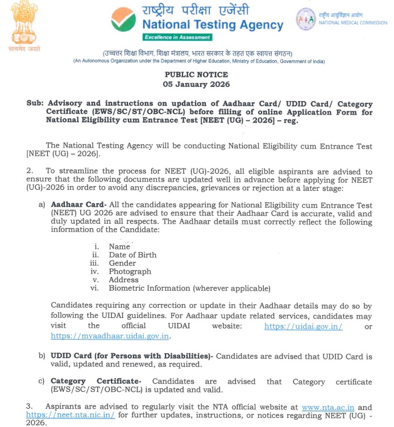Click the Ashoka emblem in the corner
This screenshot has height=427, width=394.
[21, 24]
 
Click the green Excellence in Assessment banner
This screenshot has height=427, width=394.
[177, 37]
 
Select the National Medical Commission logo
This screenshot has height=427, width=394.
[306, 19]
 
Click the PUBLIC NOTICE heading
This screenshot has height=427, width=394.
[196, 75]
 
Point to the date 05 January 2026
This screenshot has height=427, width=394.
[196, 84]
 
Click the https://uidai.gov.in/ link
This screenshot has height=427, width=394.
[311, 326]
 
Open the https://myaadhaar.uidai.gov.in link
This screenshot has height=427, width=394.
[110, 336]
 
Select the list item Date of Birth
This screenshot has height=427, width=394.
[132, 255]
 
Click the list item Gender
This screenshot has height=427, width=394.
[122, 263]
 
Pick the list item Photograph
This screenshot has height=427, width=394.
[130, 271]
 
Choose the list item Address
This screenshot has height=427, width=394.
[123, 279]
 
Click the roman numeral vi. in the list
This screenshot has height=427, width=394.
[95, 288]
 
